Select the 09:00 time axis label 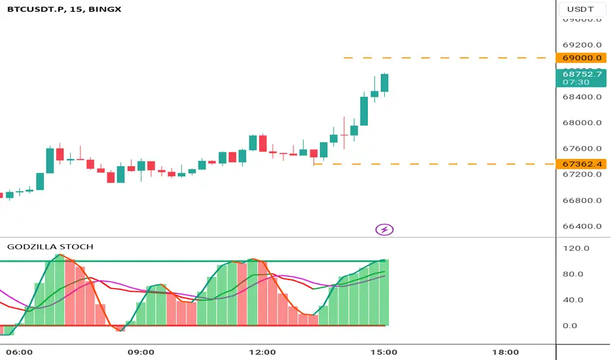click(x=141, y=351)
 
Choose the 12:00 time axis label click(x=262, y=351)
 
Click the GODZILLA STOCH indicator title click(x=50, y=247)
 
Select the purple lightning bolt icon click(x=385, y=229)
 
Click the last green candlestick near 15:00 click(x=385, y=83)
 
